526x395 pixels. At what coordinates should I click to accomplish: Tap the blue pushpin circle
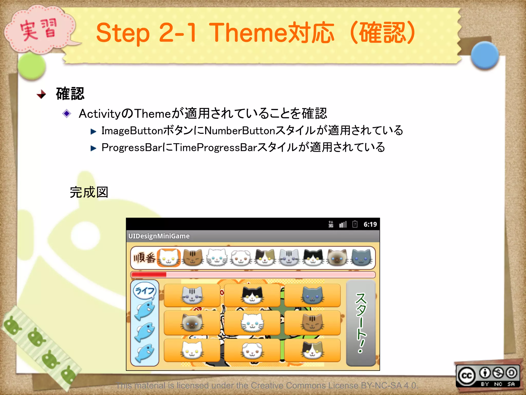pyautogui.click(x=485, y=55)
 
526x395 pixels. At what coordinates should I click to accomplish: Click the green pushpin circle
pyautogui.click(x=32, y=66)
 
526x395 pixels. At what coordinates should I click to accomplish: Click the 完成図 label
pyautogui.click(x=89, y=192)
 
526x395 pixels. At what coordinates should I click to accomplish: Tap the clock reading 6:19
pyautogui.click(x=370, y=225)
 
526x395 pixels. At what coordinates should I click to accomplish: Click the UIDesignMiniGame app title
pyautogui.click(x=159, y=236)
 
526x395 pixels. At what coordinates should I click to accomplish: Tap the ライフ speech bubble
pyautogui.click(x=145, y=291)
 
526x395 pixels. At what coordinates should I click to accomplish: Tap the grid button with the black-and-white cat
pyautogui.click(x=252, y=295)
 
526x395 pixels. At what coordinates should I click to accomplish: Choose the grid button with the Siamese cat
pyautogui.click(x=192, y=323)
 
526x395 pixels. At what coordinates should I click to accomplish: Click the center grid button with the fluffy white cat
pyautogui.click(x=252, y=323)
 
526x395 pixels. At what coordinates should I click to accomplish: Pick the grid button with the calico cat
pyautogui.click(x=312, y=350)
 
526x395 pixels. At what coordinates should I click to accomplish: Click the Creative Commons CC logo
pyautogui.click(x=467, y=376)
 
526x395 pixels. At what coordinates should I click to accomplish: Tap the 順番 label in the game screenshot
pyautogui.click(x=144, y=258)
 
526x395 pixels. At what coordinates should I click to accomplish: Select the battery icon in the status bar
pyautogui.click(x=355, y=224)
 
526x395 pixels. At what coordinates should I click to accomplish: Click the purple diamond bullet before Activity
pyautogui.click(x=67, y=113)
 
